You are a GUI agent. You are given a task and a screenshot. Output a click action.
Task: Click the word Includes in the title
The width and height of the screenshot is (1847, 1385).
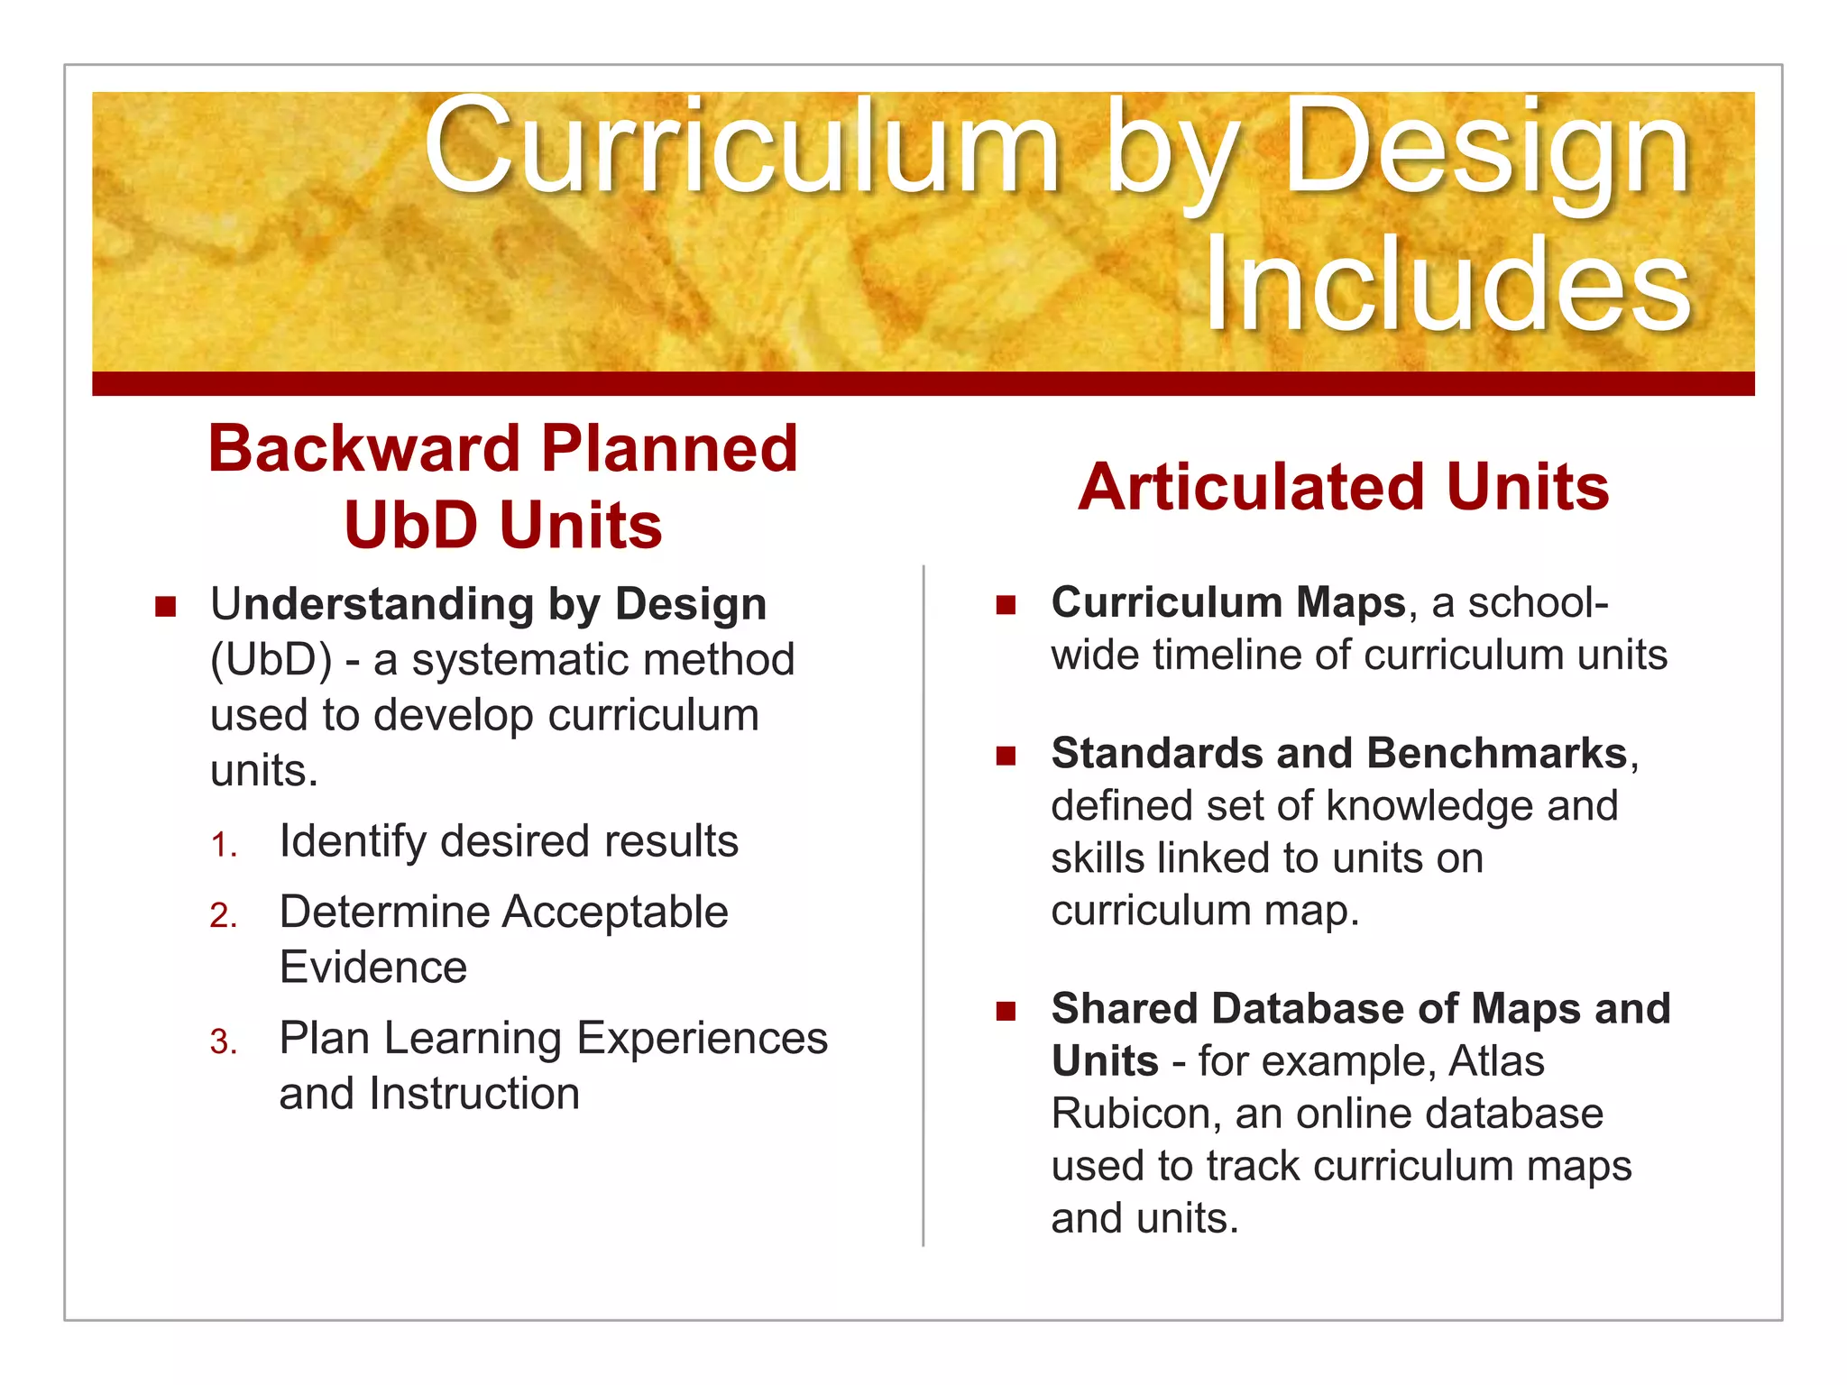coord(1447,284)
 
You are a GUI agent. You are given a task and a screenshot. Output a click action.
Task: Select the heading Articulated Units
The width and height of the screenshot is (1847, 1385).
coord(1343,488)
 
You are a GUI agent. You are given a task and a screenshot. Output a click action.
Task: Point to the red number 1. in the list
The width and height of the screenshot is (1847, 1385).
coord(223,846)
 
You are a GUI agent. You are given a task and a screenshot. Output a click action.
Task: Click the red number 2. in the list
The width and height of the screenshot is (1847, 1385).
coord(223,916)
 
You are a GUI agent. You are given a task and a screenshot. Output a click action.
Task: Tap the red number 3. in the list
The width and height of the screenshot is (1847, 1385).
coord(223,1042)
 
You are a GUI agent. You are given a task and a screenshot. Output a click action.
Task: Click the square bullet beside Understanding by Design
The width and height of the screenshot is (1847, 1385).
coord(165,606)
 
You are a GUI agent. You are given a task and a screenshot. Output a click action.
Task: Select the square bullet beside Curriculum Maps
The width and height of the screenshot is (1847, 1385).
coord(1006,604)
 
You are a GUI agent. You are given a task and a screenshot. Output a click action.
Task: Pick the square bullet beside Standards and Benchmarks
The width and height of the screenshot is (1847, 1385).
coord(1006,756)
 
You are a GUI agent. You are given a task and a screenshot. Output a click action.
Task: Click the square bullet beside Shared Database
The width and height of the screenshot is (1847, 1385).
coord(1006,1011)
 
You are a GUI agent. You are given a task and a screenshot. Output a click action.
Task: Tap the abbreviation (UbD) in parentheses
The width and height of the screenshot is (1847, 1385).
coord(271,660)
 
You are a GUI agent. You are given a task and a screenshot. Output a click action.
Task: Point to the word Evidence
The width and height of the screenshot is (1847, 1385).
coord(372,968)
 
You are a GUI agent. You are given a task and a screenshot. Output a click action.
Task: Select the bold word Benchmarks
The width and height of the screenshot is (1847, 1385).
coord(1497,754)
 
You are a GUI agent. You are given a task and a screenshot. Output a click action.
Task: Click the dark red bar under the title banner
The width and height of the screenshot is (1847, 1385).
coord(923,384)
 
